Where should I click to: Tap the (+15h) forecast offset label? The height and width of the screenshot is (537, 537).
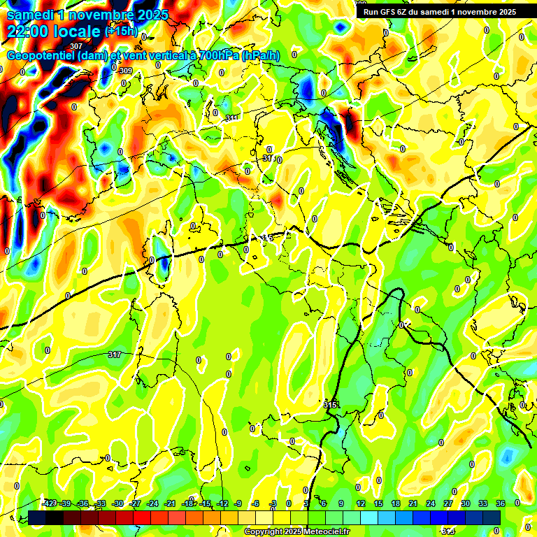(x=121, y=31)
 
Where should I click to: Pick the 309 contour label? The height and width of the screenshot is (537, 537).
(x=125, y=71)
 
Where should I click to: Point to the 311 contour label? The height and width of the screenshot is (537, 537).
(x=232, y=117)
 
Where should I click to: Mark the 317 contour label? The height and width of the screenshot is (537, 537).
(x=115, y=355)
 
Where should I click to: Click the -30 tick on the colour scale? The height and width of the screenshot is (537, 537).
(x=118, y=503)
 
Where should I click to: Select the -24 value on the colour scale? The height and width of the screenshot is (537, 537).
(x=153, y=503)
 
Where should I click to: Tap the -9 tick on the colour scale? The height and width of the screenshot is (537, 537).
(x=238, y=503)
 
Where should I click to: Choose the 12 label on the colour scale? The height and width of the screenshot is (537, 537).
(x=361, y=503)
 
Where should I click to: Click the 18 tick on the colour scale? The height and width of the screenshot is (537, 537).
(x=396, y=503)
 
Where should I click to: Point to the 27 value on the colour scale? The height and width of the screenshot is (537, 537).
(x=448, y=503)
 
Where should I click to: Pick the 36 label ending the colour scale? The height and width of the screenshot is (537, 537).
(x=501, y=503)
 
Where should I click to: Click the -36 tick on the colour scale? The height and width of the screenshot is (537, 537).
(x=83, y=503)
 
